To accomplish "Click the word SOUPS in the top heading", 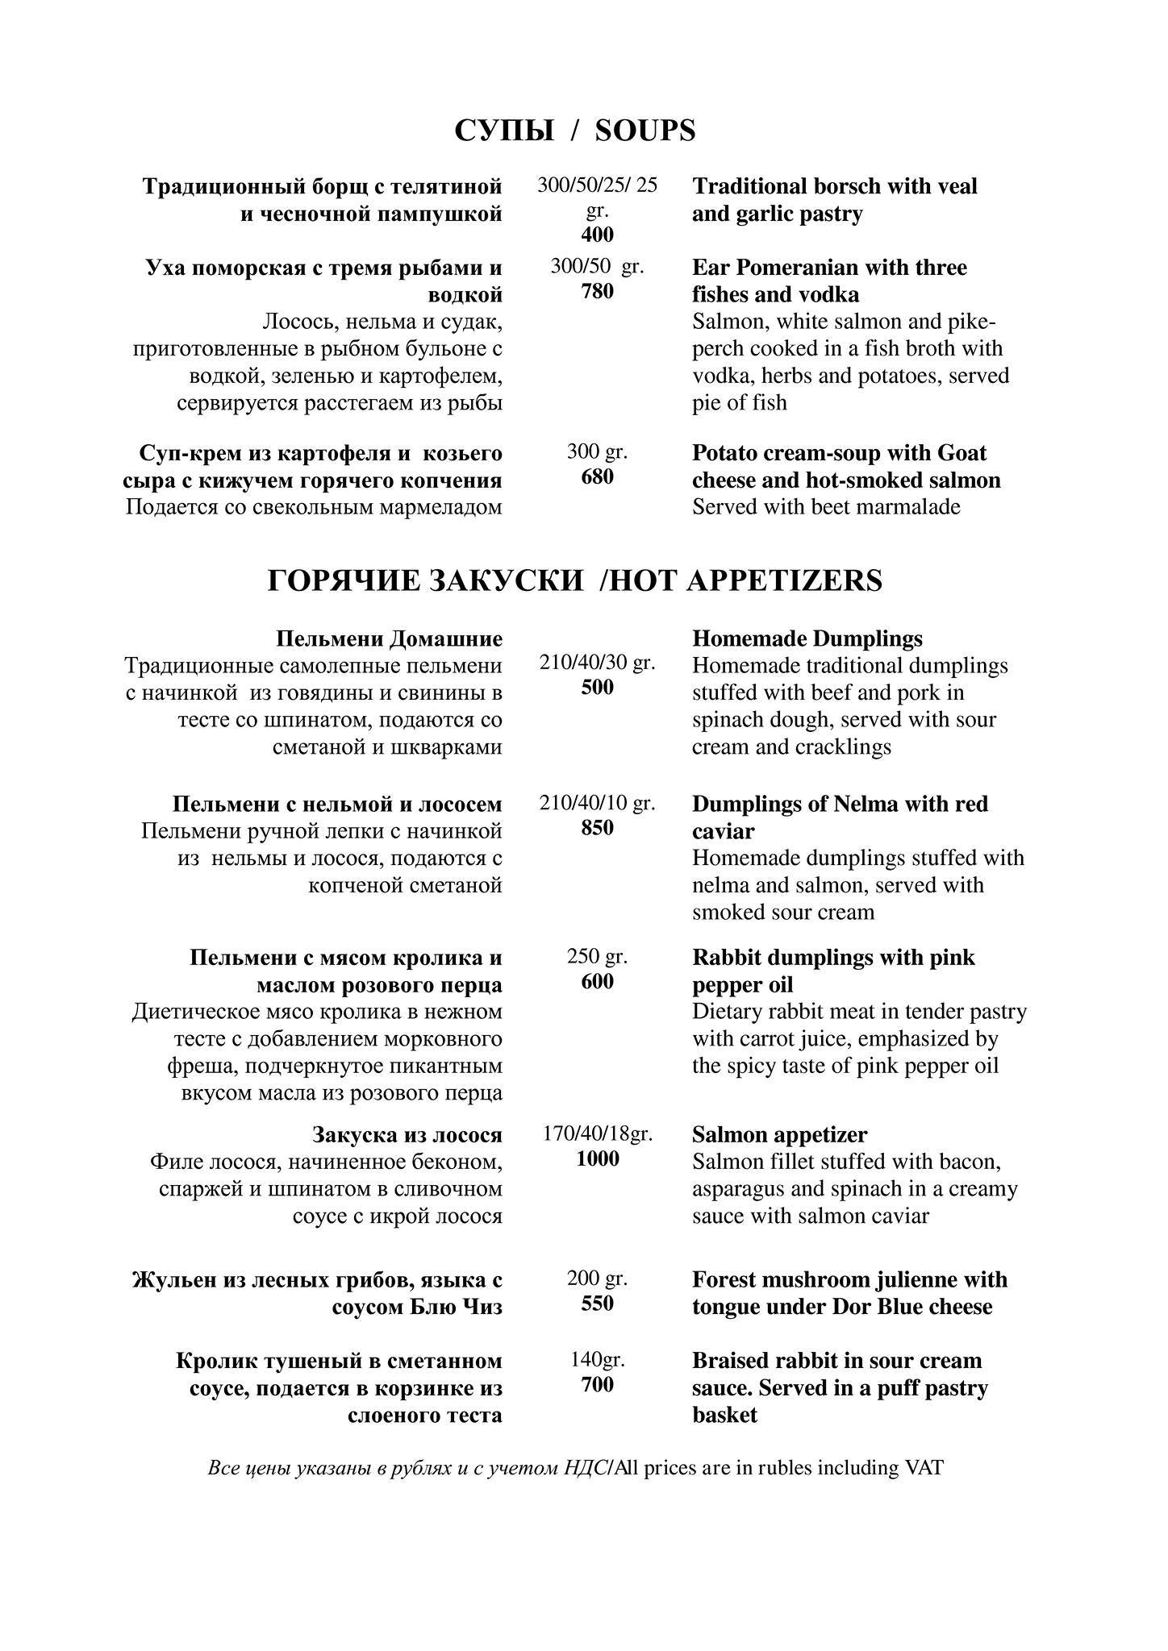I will [x=644, y=131].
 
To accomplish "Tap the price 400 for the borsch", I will [x=597, y=235].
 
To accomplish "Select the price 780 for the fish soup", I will [x=597, y=291].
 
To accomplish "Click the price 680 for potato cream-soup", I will [x=597, y=476].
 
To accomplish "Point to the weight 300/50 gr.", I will [x=597, y=266].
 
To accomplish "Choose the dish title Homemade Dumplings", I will [x=807, y=638].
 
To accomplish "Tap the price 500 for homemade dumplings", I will [x=597, y=688].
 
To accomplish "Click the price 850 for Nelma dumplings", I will [x=597, y=828].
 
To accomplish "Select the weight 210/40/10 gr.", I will [x=597, y=803].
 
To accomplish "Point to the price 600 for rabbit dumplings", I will [x=597, y=981].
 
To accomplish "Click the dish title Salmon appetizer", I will [x=779, y=1134].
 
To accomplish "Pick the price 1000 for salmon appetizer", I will [x=597, y=1158].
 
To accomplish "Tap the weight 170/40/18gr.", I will [x=597, y=1133].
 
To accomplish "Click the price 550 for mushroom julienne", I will [x=597, y=1304].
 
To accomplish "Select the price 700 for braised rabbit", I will [x=597, y=1384].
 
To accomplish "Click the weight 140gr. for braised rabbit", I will [x=597, y=1360].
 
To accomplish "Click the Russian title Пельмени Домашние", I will [x=389, y=638].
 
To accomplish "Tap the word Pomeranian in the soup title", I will [x=803, y=267].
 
